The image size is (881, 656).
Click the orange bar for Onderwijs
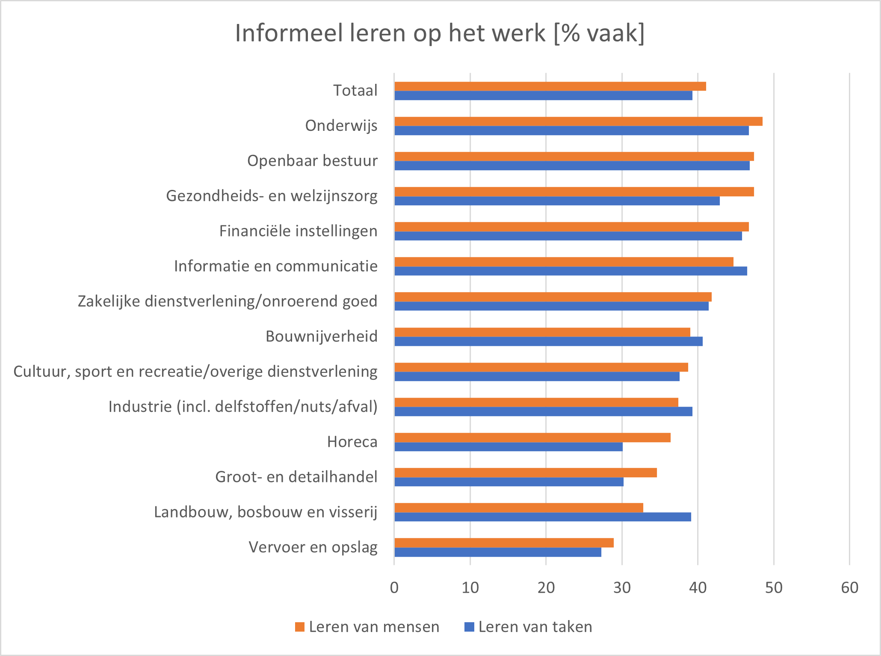[578, 121]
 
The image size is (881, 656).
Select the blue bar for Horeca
[508, 447]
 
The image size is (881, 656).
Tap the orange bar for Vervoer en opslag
[504, 543]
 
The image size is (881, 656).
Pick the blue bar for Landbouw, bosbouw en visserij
[542, 517]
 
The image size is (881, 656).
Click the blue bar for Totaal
[543, 96]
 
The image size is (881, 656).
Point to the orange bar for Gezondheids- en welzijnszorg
[574, 192]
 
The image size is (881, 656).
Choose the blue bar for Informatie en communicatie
[571, 271]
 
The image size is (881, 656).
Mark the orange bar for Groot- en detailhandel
[525, 473]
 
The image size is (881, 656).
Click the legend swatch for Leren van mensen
[300, 627]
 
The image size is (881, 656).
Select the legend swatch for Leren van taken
[469, 627]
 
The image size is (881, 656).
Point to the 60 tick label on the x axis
[849, 588]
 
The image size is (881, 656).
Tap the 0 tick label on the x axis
[394, 588]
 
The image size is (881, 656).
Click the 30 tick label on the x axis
[622, 588]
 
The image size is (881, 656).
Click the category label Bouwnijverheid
[322, 337]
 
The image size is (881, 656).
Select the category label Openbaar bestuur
[312, 161]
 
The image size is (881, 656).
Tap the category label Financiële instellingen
[298, 231]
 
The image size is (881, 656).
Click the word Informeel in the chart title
[289, 33]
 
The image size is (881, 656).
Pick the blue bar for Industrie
[543, 412]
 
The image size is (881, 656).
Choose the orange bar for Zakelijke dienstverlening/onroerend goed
[553, 297]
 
